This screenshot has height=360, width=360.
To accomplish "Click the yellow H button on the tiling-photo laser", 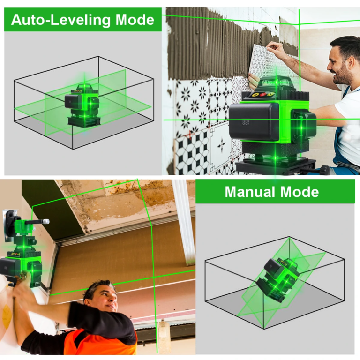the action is [x=255, y=94].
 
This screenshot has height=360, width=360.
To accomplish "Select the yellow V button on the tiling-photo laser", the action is [x=270, y=94].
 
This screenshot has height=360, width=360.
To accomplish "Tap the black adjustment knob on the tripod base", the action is [x=325, y=170].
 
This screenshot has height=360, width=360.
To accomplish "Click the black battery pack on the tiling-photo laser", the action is [x=254, y=121].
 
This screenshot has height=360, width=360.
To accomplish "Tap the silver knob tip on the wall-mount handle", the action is [x=46, y=221].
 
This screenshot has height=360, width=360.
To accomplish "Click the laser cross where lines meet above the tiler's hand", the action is [x=299, y=23].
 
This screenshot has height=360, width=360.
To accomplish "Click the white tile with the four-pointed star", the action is [x=221, y=145].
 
